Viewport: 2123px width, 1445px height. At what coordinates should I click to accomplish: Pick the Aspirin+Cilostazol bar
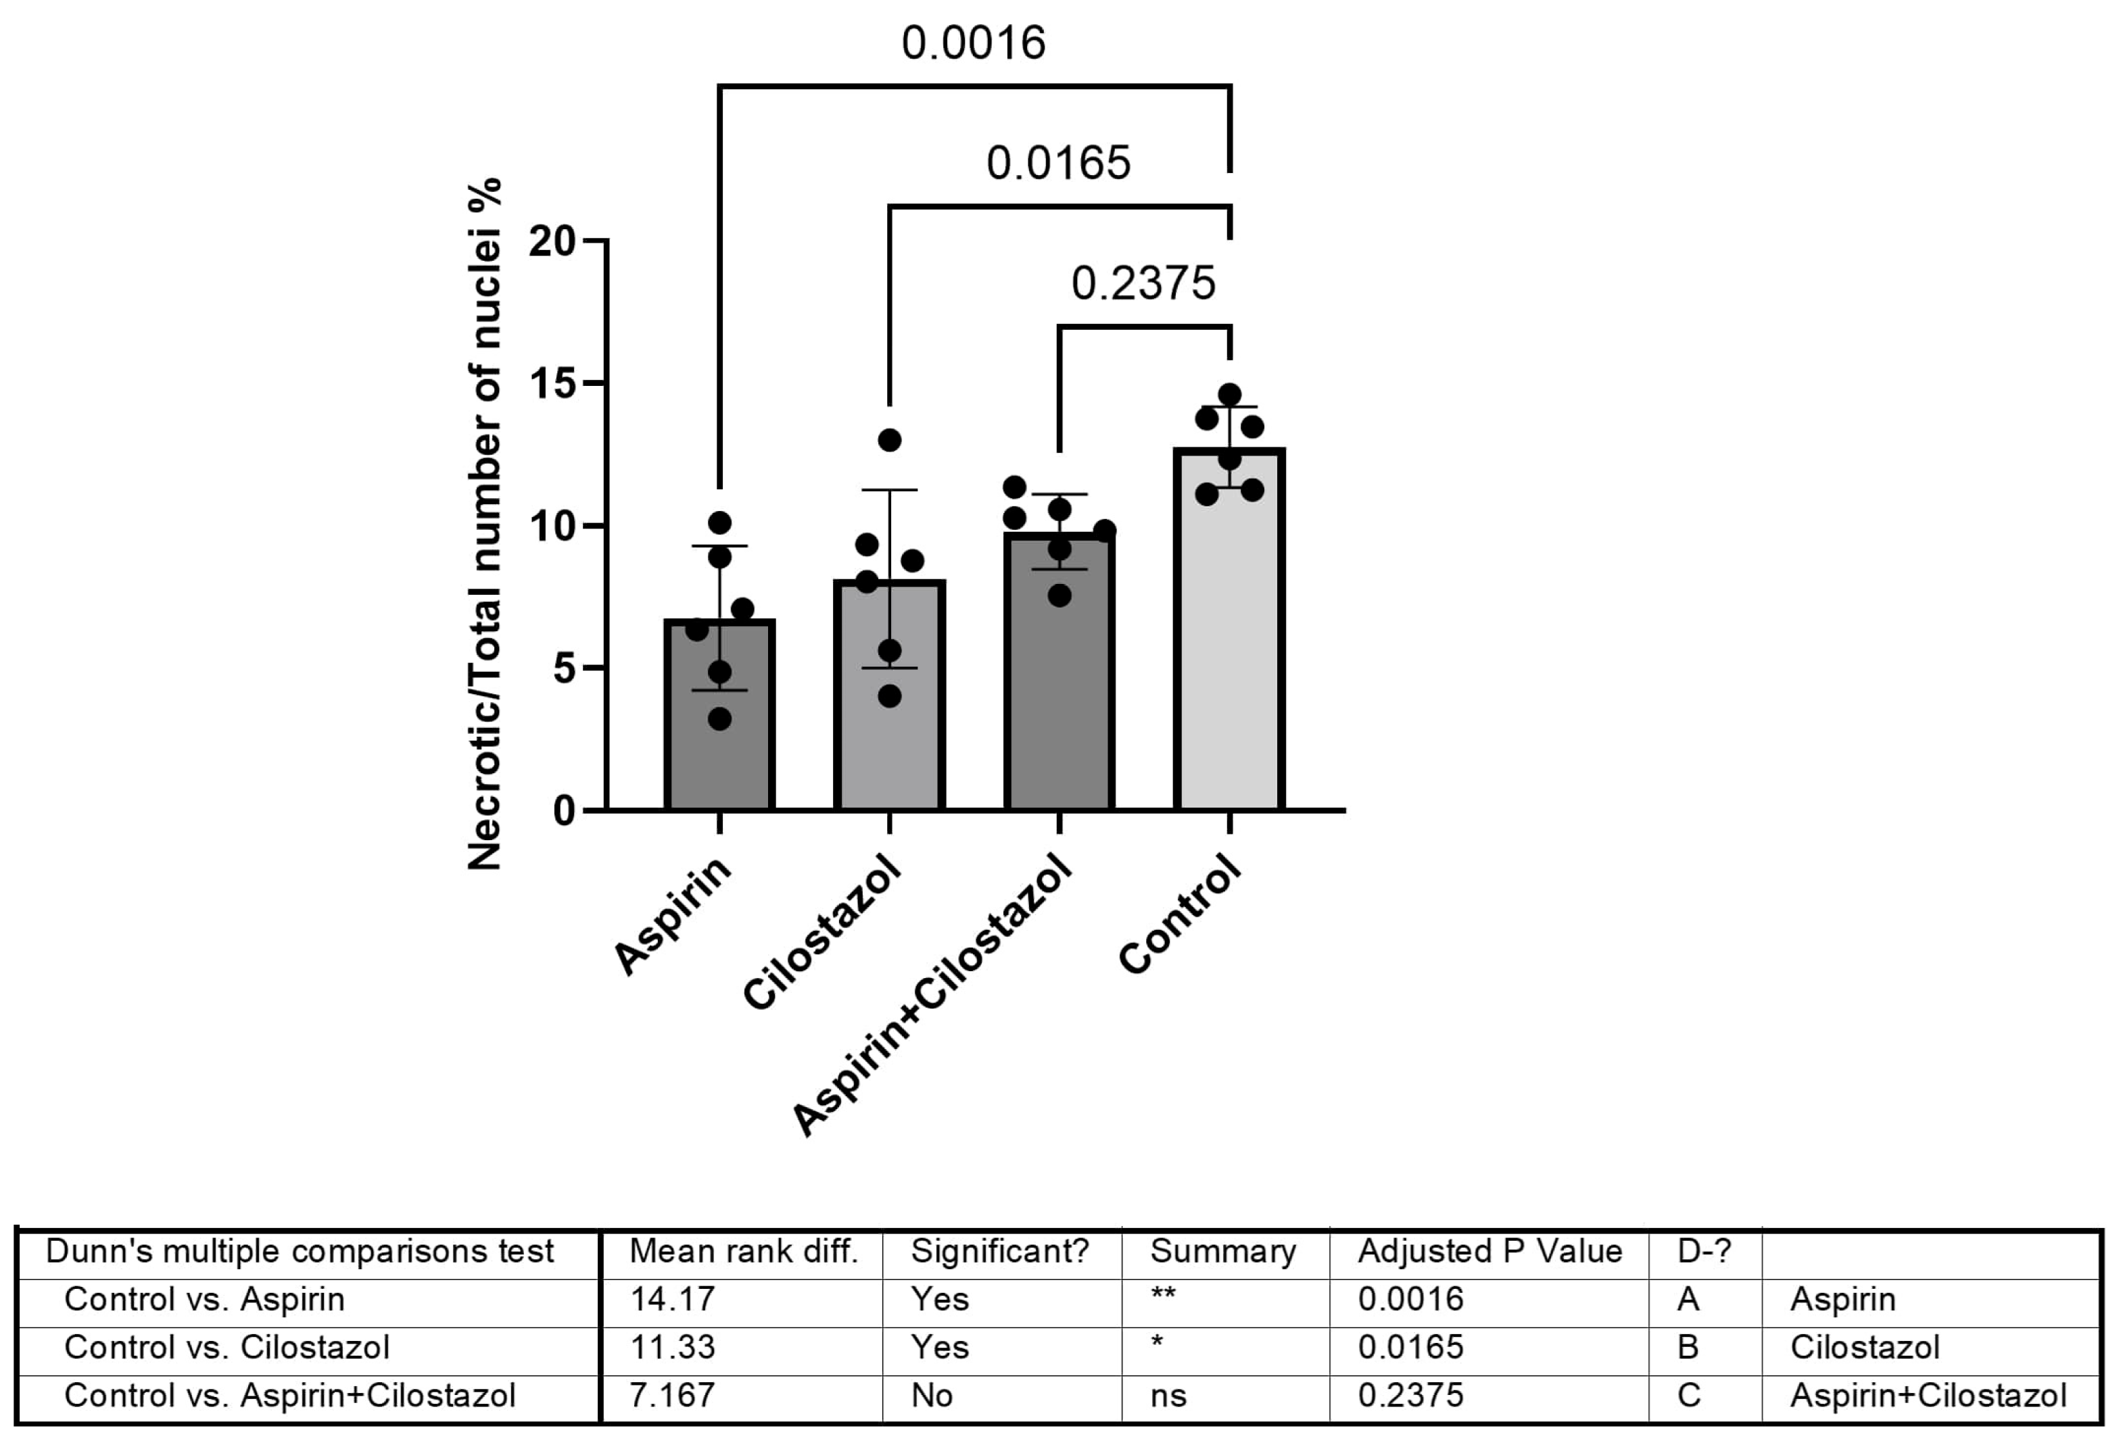pos(1059,694)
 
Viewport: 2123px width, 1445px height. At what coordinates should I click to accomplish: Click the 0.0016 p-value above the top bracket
pos(973,43)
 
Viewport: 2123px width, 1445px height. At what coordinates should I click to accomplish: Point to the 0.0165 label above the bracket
pos(1058,164)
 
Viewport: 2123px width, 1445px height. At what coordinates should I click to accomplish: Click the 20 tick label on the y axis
pos(552,241)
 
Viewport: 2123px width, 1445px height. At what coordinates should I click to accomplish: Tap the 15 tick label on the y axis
pos(552,384)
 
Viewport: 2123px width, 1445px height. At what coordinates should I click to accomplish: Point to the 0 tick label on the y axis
pos(564,811)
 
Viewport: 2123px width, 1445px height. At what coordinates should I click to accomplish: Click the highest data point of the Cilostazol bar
pos(890,440)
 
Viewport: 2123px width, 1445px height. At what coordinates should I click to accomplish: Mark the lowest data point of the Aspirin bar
pos(720,719)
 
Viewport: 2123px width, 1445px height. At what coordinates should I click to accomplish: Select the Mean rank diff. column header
pos(744,1251)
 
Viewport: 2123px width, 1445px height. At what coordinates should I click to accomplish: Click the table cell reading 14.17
pos(672,1299)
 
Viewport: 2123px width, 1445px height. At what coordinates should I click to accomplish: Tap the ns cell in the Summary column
pos(1168,1396)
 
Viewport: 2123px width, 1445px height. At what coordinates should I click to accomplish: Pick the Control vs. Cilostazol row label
pos(226,1347)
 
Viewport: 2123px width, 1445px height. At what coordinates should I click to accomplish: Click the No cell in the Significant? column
pos(932,1396)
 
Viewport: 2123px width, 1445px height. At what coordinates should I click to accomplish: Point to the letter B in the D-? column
pos(1688,1347)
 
